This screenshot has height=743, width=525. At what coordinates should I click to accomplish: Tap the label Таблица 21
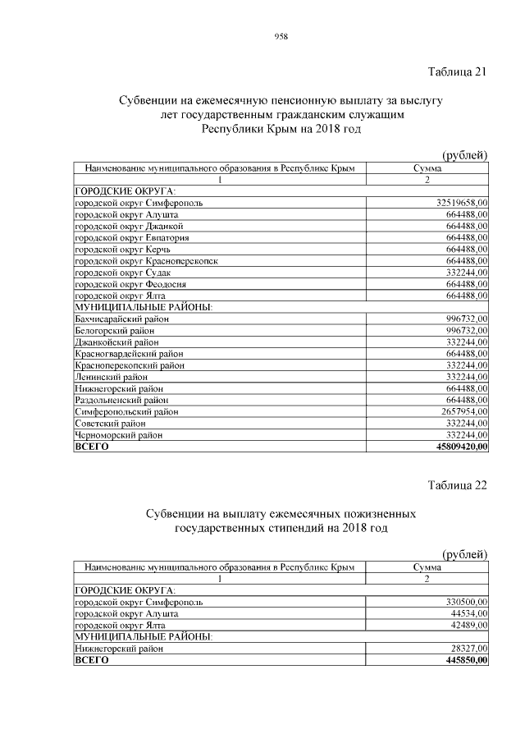click(458, 71)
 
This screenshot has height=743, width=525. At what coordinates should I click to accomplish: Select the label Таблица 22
click(458, 484)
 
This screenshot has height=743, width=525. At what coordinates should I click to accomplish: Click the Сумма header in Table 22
click(427, 567)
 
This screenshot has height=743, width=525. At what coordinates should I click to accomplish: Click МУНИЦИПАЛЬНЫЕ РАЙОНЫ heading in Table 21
click(144, 307)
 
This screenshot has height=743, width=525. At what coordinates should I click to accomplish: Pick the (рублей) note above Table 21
click(465, 155)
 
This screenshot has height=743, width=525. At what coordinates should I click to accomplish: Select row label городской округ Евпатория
click(132, 237)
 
